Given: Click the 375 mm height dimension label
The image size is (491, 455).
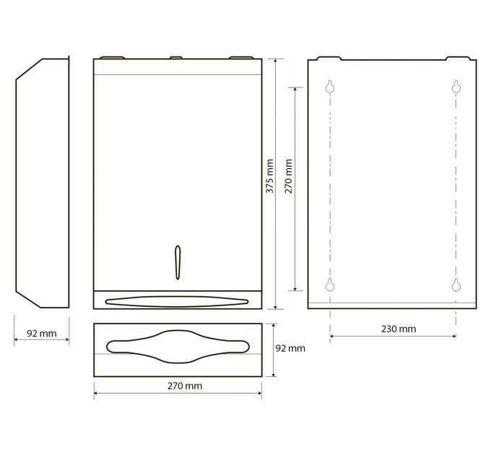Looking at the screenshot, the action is [269, 176].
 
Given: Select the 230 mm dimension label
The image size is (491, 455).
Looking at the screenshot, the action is [399, 329].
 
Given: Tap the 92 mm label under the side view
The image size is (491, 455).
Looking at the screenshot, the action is [42, 334].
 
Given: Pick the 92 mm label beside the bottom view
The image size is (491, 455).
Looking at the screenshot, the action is [290, 348].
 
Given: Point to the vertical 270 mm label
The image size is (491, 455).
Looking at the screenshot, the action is [289, 176].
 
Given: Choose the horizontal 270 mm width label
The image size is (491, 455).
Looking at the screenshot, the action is [185, 386].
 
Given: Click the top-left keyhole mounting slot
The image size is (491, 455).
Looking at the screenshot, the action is [330, 87].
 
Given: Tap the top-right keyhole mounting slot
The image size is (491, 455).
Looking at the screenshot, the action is [456, 87].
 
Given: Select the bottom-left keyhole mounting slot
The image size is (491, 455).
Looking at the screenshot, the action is [330, 285].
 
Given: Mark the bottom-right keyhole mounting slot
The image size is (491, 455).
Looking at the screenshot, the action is [456, 285].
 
